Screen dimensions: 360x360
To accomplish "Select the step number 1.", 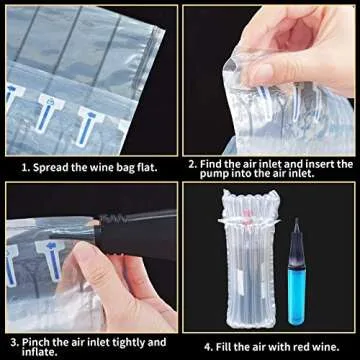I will [25, 168].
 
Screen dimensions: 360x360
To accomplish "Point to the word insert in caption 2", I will [321, 163].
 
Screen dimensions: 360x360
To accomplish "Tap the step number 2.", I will [194, 163].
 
